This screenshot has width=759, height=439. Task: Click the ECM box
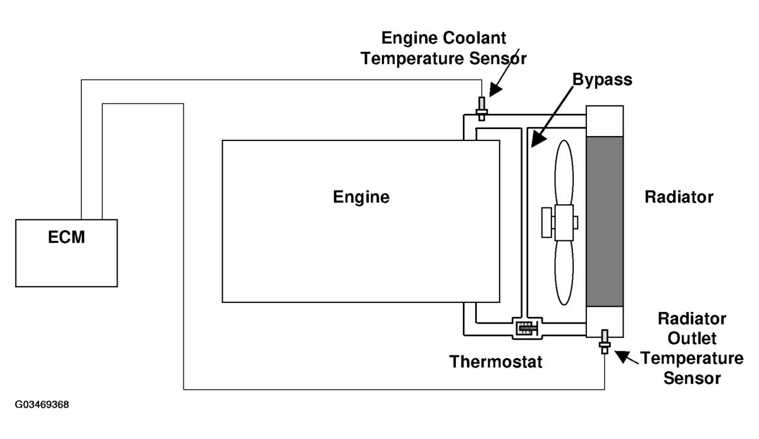tap(66, 253)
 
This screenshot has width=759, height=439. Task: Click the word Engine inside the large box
tap(361, 197)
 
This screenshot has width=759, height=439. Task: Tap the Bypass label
tap(602, 80)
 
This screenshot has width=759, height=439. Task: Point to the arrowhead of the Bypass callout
tap(538, 140)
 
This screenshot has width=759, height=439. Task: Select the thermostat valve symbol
tap(527, 328)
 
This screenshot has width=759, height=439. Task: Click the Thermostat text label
tap(495, 362)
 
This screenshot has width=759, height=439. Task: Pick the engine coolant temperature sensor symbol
tap(481, 108)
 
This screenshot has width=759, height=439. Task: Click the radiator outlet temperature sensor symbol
tap(605, 342)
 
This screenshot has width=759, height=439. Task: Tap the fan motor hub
tap(564, 223)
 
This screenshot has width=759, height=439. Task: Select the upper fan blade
tap(564, 173)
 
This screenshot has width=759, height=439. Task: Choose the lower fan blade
tap(564, 273)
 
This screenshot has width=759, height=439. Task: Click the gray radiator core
tap(605, 221)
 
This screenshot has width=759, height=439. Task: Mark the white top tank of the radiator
tap(605, 121)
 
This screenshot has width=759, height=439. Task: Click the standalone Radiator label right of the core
tap(679, 197)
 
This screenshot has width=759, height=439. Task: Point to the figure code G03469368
tap(42, 404)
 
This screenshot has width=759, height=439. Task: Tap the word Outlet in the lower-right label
tap(692, 338)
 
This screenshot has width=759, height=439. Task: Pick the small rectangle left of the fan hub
tap(546, 223)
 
